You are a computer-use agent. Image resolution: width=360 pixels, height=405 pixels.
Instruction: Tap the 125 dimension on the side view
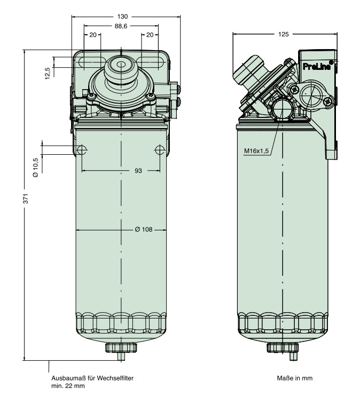pos(284,34)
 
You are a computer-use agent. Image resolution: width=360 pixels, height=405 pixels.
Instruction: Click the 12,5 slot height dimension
pos(48,73)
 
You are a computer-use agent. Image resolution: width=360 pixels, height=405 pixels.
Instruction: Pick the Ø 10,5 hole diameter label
pos(36,167)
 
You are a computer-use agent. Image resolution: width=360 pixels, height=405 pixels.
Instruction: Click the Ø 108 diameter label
pos(144,229)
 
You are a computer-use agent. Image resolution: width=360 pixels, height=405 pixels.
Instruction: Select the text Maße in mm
pos(294,378)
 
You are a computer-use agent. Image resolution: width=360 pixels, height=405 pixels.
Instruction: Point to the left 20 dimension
pos(93,35)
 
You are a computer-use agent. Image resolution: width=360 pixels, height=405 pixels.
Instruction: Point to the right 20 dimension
pos(150,35)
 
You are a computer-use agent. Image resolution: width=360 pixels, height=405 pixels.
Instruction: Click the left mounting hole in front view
pos(82,149)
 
